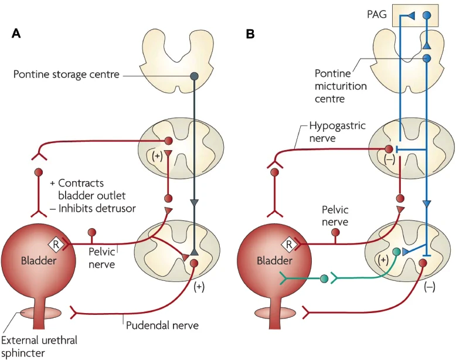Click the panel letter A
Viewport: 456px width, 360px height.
tap(16, 34)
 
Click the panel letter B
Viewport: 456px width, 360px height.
tap(250, 34)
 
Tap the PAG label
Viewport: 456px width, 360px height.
tap(377, 14)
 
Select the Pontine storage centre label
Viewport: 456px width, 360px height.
tap(66, 74)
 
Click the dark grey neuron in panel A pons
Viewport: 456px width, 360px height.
tap(194, 76)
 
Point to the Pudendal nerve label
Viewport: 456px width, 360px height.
tap(162, 325)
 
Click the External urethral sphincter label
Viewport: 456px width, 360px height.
tap(39, 347)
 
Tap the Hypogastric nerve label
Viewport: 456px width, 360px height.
tap(338, 131)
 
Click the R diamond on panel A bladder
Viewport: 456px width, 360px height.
tap(56, 244)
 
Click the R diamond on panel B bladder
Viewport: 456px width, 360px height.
tap(289, 244)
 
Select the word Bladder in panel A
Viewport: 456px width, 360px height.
tap(39, 260)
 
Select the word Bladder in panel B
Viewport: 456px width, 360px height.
tap(274, 260)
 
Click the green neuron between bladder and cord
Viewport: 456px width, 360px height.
tap(324, 279)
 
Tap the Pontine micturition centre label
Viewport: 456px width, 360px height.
tap(341, 86)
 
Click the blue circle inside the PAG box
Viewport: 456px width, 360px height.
tap(426, 15)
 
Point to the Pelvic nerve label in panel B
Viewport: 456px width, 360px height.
tap(335, 216)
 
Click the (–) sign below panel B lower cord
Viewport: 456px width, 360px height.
tap(430, 287)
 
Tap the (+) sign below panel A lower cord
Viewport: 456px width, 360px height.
tap(199, 287)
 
